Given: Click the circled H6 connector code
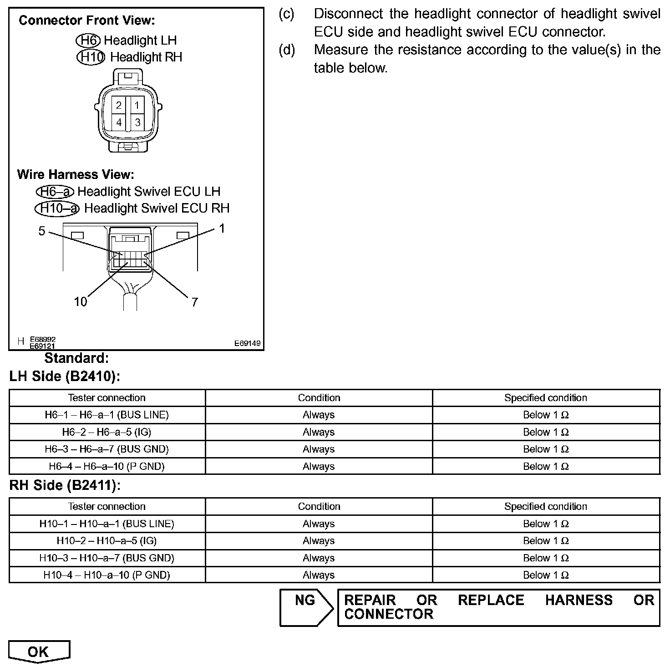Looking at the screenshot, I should tap(88, 41).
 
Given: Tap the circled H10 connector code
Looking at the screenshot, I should tap(91, 57).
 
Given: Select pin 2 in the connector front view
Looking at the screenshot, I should tap(119, 106).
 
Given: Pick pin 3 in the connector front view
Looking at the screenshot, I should tap(137, 122).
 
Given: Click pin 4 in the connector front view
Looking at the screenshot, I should tap(119, 122).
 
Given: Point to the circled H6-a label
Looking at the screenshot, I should tap(55, 192).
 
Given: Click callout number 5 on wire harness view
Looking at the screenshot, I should tap(42, 231).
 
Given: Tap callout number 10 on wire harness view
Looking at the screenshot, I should tap(80, 302).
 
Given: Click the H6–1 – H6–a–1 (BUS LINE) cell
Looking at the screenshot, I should tap(107, 415).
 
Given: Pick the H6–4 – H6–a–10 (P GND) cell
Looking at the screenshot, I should tap(107, 466).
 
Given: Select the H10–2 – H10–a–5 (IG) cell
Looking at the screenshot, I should tap(107, 541).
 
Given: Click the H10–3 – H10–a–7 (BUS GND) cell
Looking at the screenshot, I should tap(107, 558).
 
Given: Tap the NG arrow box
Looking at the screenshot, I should tap(306, 607).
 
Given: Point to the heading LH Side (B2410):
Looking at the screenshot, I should tap(65, 377).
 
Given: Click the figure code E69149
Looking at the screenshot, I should tap(248, 343).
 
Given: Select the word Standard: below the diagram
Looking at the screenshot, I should tap(76, 358).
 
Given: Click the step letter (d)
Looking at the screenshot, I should tap(287, 50).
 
